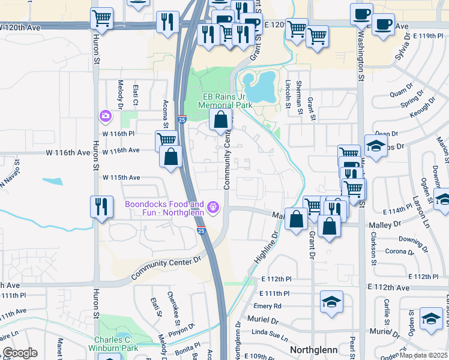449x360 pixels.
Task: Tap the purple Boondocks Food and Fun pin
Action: coord(212,208)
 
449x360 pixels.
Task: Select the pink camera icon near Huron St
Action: coord(106,116)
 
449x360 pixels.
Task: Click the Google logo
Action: coord(19,353)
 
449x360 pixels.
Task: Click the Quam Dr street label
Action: coord(397,92)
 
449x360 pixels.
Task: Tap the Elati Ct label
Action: coord(136,95)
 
